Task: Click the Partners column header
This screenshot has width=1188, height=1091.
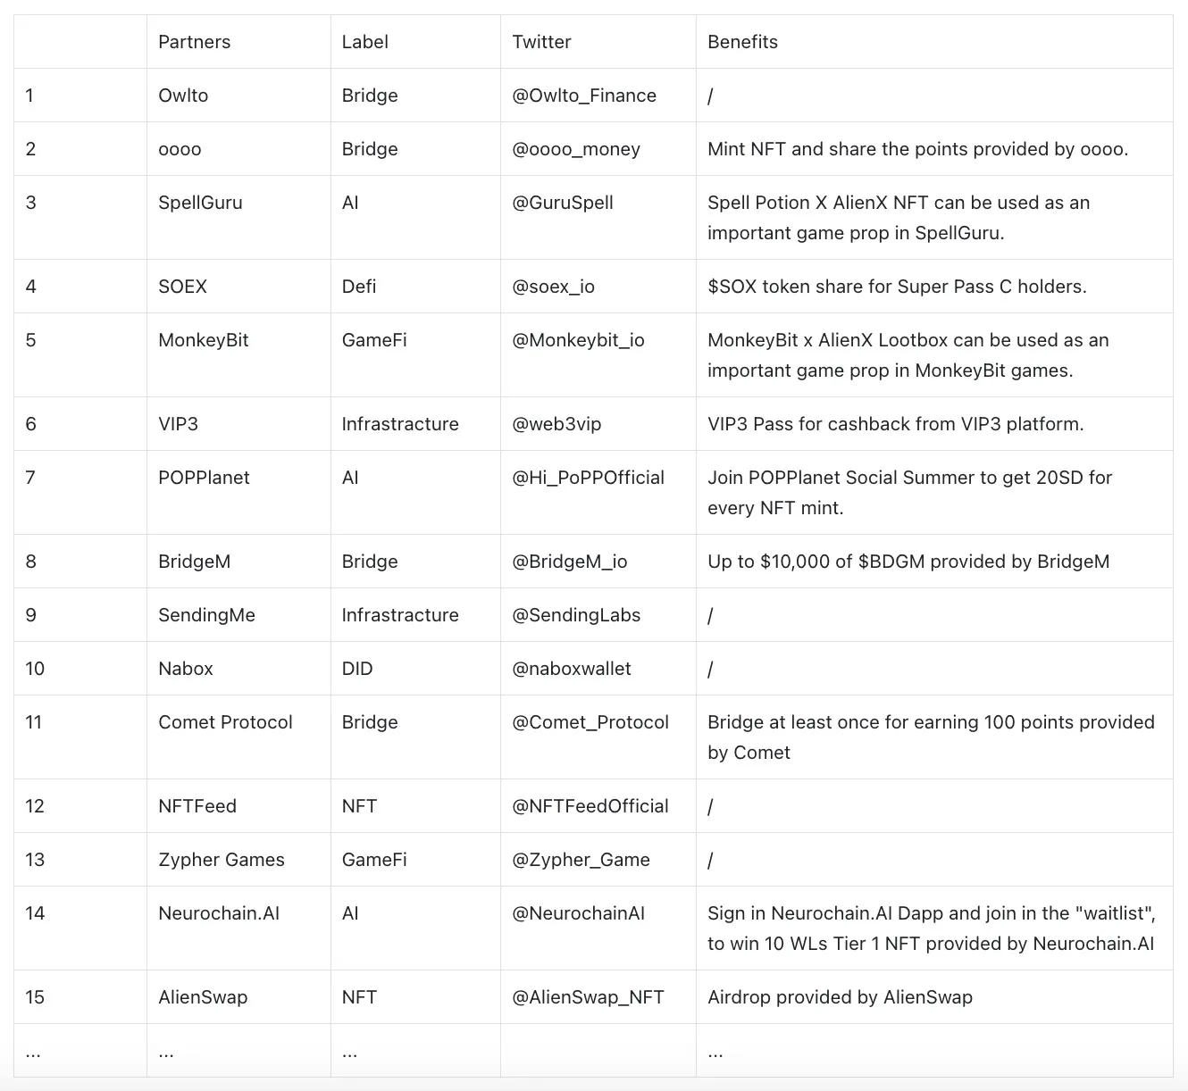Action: tap(194, 42)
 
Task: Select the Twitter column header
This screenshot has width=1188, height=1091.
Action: tap(541, 42)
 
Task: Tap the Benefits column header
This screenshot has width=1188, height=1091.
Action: tap(742, 42)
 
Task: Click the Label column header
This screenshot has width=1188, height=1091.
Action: tap(364, 42)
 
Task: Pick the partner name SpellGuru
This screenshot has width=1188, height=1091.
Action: tap(200, 203)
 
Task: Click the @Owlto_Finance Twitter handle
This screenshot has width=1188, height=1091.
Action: tap(584, 96)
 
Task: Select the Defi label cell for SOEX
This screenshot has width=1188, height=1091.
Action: tap(359, 287)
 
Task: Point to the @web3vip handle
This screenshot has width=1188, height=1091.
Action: tap(556, 424)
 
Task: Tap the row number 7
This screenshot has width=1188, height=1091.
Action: tap(30, 478)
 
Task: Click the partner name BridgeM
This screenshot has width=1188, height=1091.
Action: tap(194, 562)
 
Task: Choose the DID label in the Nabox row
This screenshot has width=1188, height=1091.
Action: tap(357, 669)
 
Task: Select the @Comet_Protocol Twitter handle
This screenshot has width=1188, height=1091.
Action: tap(590, 722)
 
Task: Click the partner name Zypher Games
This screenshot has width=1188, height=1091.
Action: tap(222, 860)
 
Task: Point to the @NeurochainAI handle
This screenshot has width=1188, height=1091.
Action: tap(578, 913)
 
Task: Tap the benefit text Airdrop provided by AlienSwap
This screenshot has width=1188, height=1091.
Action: tap(840, 997)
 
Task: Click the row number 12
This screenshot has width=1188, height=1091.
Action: tap(35, 806)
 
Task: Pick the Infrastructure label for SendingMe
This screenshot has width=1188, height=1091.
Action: tap(400, 615)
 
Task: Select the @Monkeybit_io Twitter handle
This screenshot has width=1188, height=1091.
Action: tap(578, 340)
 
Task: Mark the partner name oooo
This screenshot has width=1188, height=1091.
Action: tap(180, 149)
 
